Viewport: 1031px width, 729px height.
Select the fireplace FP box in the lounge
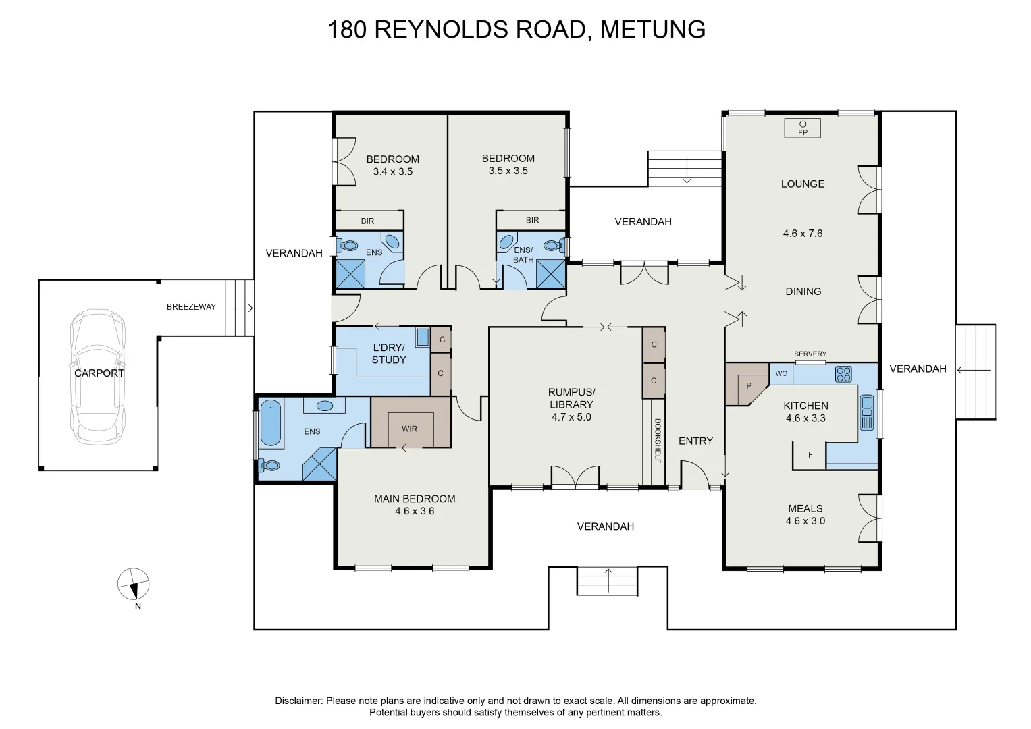pos(803,128)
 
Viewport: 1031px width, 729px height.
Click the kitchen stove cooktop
pos(843,374)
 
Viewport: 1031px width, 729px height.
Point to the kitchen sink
pos(867,412)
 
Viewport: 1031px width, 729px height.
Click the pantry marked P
pos(747,385)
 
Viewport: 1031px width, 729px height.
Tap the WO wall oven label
pos(781,373)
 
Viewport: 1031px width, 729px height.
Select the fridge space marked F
pos(811,455)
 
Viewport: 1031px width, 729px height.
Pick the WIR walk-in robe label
pos(409,428)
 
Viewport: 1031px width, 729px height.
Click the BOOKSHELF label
pos(657,440)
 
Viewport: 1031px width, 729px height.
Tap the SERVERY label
pos(810,354)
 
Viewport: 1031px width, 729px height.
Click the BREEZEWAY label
pos(191,307)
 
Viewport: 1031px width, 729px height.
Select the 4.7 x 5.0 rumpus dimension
pos(571,417)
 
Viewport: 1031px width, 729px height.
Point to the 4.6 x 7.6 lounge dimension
pos(802,234)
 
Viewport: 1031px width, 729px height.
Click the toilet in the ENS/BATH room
pos(554,245)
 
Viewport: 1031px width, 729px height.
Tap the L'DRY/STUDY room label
pos(389,354)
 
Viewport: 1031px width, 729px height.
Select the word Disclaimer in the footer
pos(298,701)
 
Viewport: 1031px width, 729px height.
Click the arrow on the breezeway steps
pos(240,308)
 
